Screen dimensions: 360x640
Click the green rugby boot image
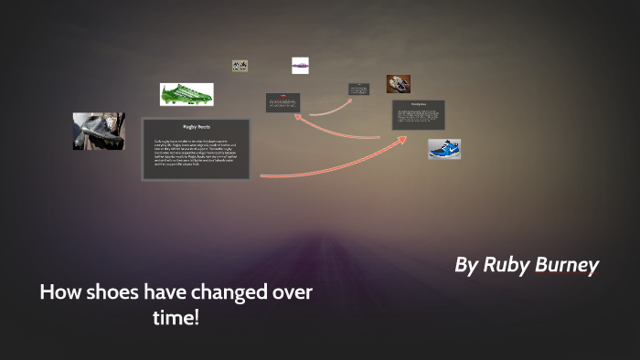tap(187, 94)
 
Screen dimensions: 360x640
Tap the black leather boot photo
tap(99, 131)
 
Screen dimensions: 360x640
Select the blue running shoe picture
tap(444, 148)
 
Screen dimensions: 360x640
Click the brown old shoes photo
tap(398, 83)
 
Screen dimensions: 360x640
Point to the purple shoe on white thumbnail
tap(300, 65)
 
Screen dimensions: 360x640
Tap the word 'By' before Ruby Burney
tap(466, 265)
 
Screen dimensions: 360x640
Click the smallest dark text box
tap(358, 90)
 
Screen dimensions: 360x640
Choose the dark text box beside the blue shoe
tap(419, 115)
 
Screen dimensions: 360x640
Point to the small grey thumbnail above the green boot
tap(240, 66)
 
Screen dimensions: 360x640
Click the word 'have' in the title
tap(165, 293)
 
